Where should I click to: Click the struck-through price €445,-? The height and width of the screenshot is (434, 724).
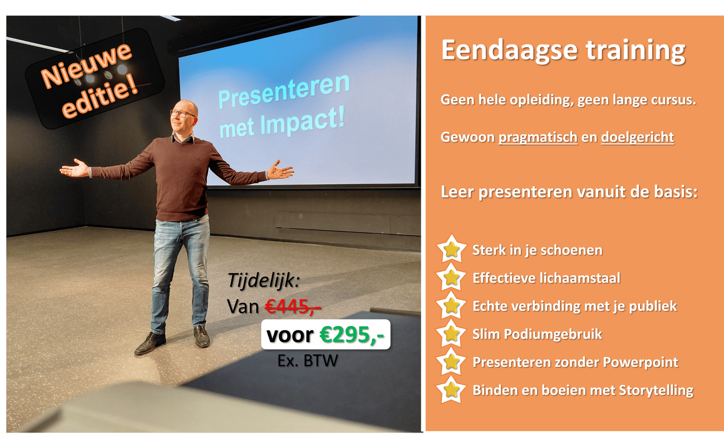point(293,306)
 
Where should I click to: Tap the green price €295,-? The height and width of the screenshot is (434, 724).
point(351,335)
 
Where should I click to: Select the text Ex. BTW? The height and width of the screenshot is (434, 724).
point(308,360)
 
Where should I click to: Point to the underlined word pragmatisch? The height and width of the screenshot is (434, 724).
point(538,138)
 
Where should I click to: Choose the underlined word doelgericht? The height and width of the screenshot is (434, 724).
point(638,137)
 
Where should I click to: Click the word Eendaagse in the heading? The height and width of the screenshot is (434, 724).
point(509,51)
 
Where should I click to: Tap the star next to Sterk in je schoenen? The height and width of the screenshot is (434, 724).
point(451,249)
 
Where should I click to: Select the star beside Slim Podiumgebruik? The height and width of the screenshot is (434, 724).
point(451,333)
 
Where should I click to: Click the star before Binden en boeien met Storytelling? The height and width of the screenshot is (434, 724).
point(451,389)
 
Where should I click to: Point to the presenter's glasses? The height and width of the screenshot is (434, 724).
point(183,114)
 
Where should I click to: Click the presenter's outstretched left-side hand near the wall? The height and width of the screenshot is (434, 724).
point(75,168)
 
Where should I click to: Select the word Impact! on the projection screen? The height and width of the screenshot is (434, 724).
point(302,122)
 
